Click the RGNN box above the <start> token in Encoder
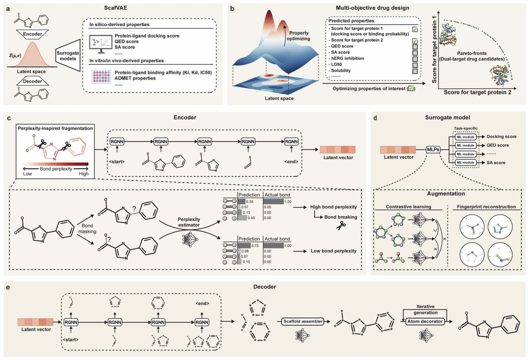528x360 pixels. (117, 141)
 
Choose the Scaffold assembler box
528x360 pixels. (303, 322)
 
